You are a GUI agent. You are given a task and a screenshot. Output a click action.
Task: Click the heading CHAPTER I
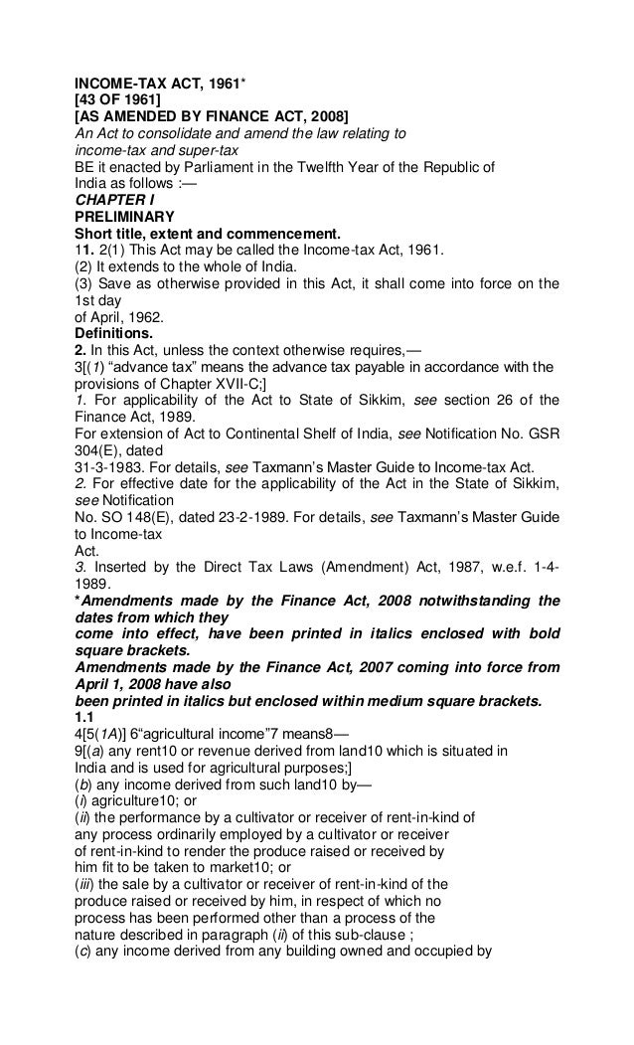(x=114, y=199)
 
